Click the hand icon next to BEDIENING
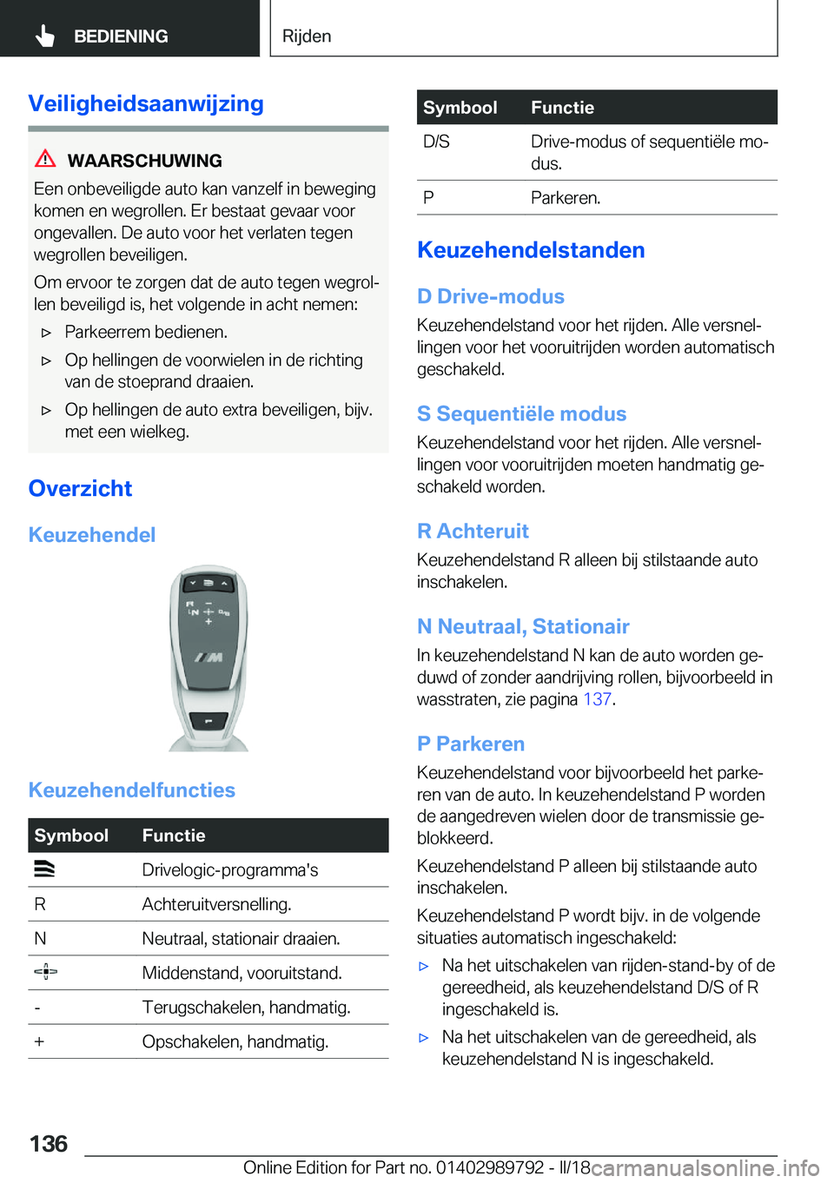(x=45, y=36)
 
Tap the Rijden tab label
(x=307, y=36)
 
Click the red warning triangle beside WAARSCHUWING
(x=45, y=159)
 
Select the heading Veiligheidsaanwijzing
(x=146, y=103)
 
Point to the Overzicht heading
(x=80, y=488)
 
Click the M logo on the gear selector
(x=208, y=658)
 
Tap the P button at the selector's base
(x=208, y=721)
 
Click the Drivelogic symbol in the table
(x=45, y=869)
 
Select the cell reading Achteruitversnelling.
(x=216, y=904)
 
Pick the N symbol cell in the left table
(x=40, y=939)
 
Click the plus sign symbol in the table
(x=40, y=1041)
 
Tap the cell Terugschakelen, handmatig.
(x=246, y=1008)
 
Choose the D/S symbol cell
(x=436, y=142)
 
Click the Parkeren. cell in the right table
(x=566, y=198)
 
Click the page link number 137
(x=597, y=699)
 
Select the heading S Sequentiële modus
(x=521, y=413)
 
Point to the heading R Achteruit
(x=473, y=531)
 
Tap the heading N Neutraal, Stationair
(x=523, y=626)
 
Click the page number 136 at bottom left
(x=49, y=1143)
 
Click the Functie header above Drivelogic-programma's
(x=174, y=836)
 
